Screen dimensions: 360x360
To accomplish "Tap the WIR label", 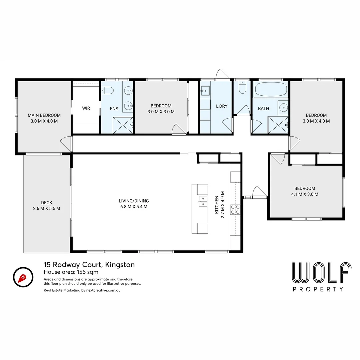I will (x=86, y=108).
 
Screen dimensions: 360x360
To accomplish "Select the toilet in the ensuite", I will (x=107, y=90).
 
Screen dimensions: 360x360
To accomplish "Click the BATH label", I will (x=263, y=108).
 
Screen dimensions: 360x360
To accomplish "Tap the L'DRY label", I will (x=222, y=106).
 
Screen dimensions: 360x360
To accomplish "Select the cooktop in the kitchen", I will (x=236, y=209).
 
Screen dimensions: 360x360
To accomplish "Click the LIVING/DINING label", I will (x=134, y=204).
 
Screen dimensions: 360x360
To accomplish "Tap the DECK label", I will (x=47, y=205).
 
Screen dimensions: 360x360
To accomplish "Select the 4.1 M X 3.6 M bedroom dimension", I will (x=305, y=194).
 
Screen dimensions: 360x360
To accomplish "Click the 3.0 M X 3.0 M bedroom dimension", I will (x=161, y=112).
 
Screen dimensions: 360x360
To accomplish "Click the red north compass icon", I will (x=23, y=277).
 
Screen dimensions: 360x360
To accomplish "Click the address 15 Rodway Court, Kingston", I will (x=89, y=265).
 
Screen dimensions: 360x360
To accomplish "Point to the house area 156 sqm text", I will (x=71, y=272).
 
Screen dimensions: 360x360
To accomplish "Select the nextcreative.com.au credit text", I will (x=103, y=290).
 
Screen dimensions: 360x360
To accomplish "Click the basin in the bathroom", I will (x=283, y=107).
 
